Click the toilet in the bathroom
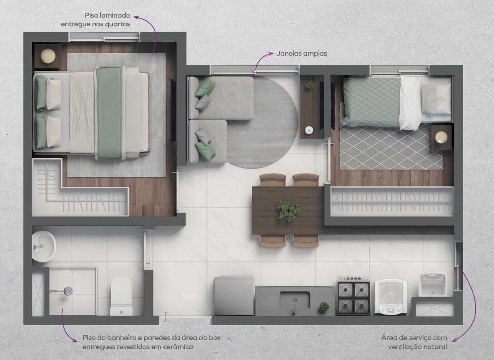coord(121,296)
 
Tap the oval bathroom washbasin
coord(44,246)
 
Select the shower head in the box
coord(68,291)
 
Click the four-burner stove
coord(353,296)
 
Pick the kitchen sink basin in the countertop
coord(294,300)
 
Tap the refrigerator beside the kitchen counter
coord(234,295)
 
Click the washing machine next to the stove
coord(391,297)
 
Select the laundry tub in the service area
coord(433,285)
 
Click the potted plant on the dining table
coord(288,210)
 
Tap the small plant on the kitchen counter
coord(323,307)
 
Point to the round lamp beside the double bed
coord(48,56)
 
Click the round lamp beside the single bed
coord(441,137)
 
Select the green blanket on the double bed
coord(109,113)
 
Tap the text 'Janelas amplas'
coord(302,54)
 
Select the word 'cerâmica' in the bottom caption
coord(178,347)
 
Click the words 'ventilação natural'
coord(417,347)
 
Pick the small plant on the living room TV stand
coord(310,85)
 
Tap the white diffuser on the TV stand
coord(309,130)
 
